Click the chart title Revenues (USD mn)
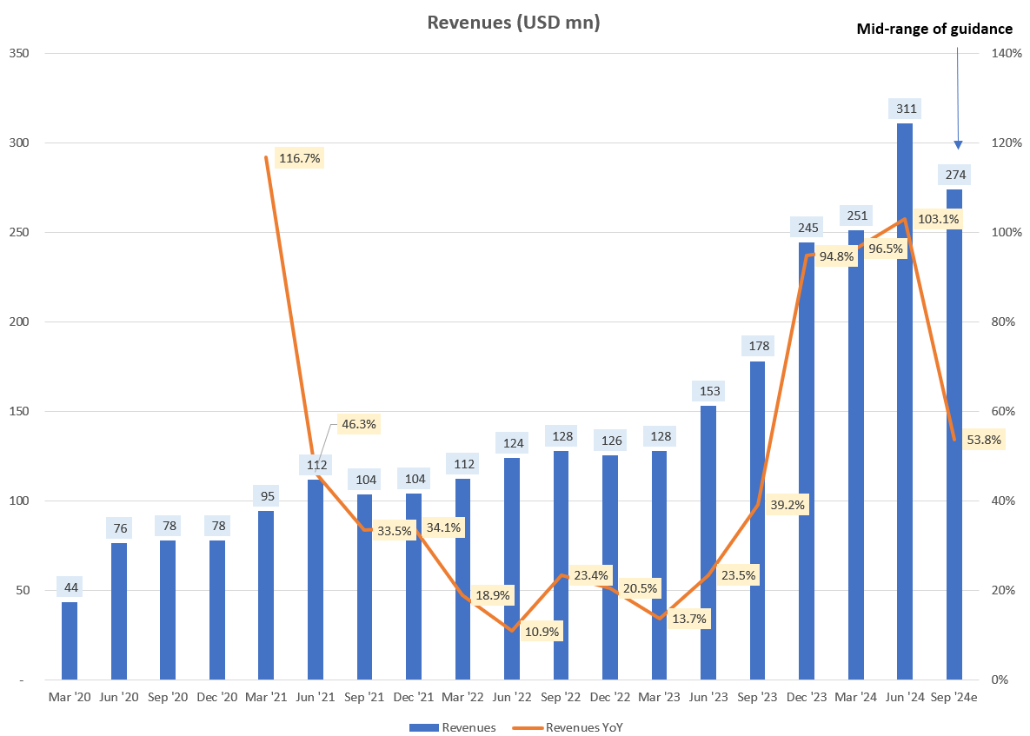pos(514,23)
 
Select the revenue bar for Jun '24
pos(905,400)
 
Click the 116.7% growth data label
pos(300,158)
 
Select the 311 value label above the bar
pos(905,109)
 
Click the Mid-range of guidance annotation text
pos(934,29)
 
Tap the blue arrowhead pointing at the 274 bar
pos(959,144)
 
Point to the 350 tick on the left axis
pos(19,54)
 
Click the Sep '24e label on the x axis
pos(954,697)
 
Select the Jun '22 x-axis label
pos(512,697)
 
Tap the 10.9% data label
pos(542,631)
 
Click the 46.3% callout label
pos(359,424)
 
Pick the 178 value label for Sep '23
pos(757,347)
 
